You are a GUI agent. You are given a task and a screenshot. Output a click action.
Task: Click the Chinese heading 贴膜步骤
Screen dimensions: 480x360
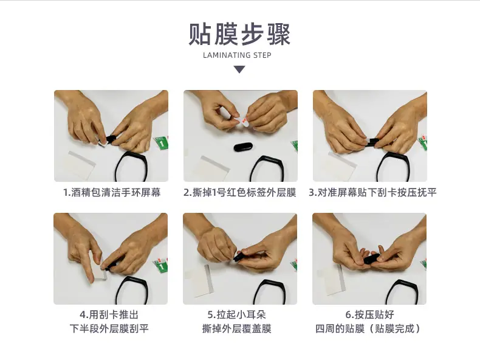coord(239,34)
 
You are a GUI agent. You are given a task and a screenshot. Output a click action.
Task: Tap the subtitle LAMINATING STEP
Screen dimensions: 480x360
coord(237,55)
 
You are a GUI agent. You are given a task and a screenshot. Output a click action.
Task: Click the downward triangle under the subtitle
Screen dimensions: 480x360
coord(239,69)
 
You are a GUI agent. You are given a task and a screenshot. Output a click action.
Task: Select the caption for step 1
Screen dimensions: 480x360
coord(112,192)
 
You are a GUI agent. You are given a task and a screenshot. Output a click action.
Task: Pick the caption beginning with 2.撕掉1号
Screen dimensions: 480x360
coord(239,192)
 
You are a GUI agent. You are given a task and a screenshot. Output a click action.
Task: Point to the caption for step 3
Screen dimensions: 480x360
coord(372,192)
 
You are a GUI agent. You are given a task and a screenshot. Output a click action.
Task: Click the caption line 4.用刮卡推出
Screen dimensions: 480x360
coord(109,314)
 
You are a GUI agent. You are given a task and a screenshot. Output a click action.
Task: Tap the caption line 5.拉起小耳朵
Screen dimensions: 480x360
coord(236,314)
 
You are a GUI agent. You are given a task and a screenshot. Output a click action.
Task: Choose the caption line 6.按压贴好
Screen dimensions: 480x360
coord(370,314)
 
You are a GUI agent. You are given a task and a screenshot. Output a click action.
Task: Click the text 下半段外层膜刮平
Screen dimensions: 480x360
coord(109,329)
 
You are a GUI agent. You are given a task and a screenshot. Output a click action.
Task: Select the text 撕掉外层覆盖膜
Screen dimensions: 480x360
coord(236,329)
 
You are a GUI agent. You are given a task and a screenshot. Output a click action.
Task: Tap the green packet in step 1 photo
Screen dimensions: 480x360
coord(162,144)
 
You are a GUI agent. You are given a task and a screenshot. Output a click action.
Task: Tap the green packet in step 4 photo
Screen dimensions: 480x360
coord(161,265)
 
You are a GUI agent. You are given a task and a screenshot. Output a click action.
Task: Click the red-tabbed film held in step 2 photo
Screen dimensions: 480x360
coord(243,122)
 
